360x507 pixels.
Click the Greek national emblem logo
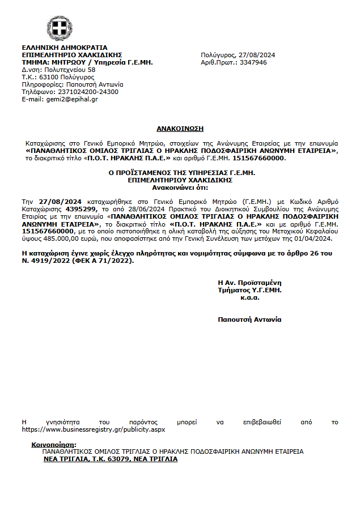pos(59,27)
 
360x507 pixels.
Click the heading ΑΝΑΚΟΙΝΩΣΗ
pos(180,129)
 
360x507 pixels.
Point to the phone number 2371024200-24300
pos(86,92)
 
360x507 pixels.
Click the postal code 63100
pos(47,77)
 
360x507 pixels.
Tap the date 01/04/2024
pos(316,238)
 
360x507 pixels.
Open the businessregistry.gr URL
pos(93,430)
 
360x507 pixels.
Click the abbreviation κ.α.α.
pos(249,297)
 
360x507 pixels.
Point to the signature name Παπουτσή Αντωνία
pos(249,319)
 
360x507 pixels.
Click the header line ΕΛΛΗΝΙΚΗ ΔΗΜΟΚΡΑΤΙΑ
pos(64,48)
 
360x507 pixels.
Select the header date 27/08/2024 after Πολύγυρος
pos(257,55)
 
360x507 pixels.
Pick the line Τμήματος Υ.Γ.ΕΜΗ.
pos(249,290)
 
